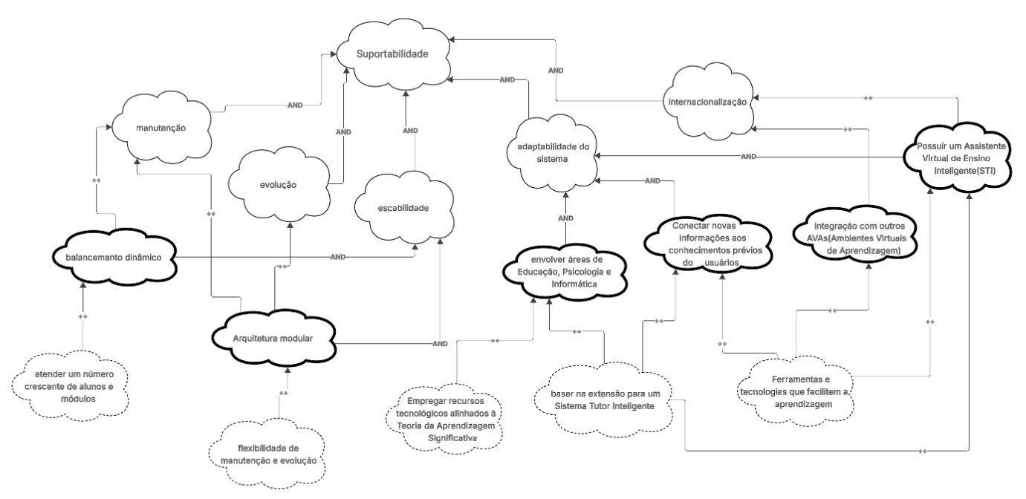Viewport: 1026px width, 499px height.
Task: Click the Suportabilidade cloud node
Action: pyautogui.click(x=392, y=54)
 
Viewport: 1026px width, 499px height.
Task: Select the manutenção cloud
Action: pyautogui.click(x=160, y=128)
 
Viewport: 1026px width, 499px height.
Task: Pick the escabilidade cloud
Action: pyautogui.click(x=403, y=209)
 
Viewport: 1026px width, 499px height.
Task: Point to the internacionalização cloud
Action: pyautogui.click(x=706, y=103)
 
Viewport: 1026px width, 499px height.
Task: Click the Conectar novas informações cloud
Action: pyautogui.click(x=708, y=242)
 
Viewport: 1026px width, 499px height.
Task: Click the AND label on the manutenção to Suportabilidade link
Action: pyautogui.click(x=295, y=105)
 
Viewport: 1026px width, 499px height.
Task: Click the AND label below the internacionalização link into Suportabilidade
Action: pyautogui.click(x=554, y=70)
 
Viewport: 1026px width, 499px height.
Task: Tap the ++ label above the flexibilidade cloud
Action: pyautogui.click(x=283, y=393)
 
